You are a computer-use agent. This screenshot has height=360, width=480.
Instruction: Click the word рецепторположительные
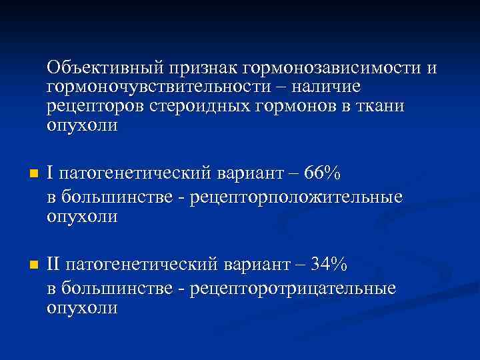pyautogui.click(x=296, y=197)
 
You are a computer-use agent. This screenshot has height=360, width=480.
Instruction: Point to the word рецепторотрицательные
pyautogui.click(x=293, y=288)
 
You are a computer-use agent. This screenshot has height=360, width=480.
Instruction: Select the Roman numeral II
pyautogui.click(x=55, y=265)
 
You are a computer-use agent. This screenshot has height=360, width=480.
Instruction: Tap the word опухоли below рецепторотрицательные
pyautogui.click(x=82, y=307)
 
